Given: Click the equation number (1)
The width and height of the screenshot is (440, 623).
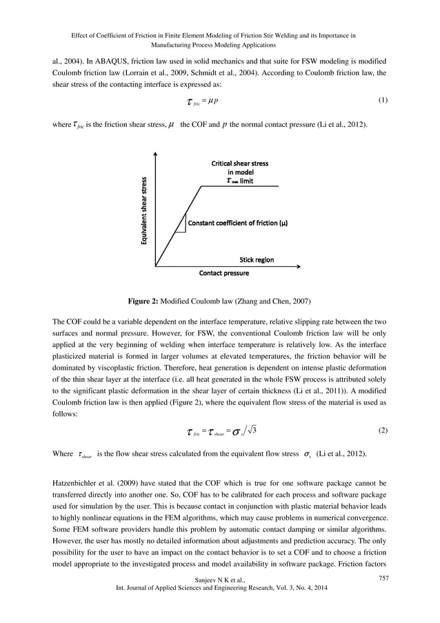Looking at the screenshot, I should [x=383, y=101].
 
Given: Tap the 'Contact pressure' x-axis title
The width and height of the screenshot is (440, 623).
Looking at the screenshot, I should [x=223, y=273].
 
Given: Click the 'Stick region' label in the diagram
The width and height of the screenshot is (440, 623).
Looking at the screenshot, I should [x=257, y=260].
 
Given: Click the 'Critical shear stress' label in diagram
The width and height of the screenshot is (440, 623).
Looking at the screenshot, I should [x=239, y=164].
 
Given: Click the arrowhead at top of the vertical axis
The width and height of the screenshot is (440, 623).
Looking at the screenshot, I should [x=157, y=157].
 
